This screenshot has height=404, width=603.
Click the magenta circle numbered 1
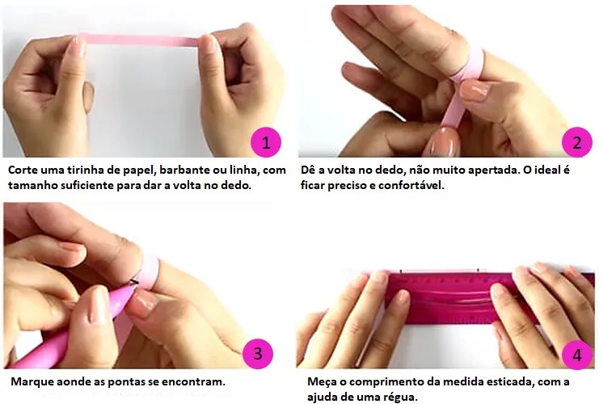266,142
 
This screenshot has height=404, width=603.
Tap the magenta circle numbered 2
577,142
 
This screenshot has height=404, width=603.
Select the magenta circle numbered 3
258,353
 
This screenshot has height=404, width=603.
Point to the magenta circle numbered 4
577,355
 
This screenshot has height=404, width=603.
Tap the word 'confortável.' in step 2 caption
411,185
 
